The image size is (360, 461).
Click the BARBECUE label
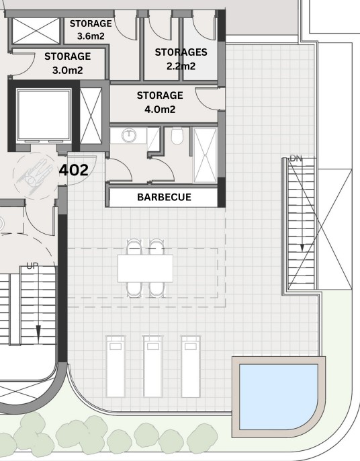tap(164, 197)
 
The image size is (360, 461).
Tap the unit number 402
tap(73, 170)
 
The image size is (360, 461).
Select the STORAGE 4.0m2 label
tap(160, 102)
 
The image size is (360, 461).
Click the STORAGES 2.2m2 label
tap(181, 59)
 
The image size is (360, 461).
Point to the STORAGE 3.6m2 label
tap(91, 30)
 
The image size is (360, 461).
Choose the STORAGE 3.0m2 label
tap(68, 63)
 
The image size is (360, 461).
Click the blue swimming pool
tap(278, 396)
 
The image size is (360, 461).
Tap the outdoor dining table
tap(145, 268)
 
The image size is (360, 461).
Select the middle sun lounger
tap(153, 366)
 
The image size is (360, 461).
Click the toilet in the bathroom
tap(177, 136)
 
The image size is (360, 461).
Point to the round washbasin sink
tap(129, 135)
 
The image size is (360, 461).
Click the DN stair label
tap(296, 159)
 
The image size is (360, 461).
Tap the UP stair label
tap(32, 266)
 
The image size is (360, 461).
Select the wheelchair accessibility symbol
tap(35, 176)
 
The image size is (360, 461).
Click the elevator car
tap(44, 115)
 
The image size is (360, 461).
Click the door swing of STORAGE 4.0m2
tap(207, 99)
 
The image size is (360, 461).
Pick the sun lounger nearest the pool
tap(191, 366)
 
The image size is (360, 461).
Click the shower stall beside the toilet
tap(205, 155)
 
